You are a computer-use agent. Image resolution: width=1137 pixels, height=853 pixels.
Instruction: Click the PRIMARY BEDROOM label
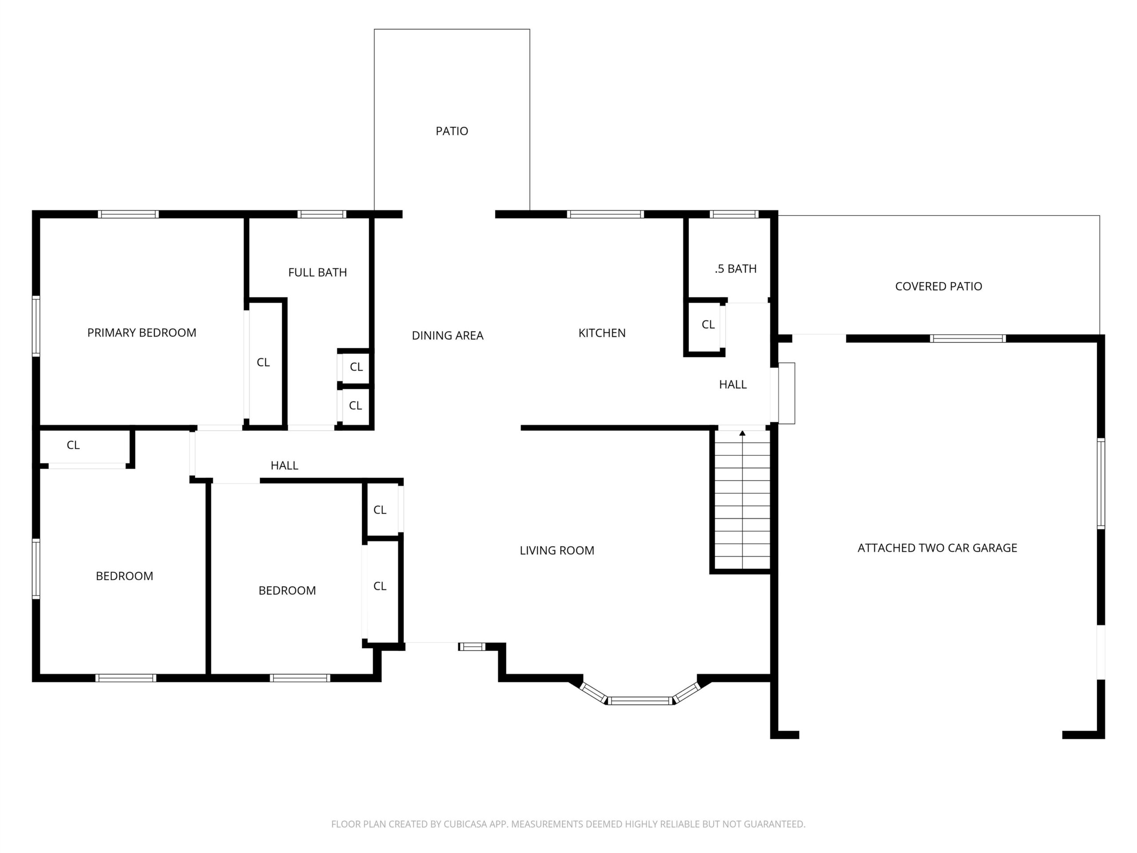141,333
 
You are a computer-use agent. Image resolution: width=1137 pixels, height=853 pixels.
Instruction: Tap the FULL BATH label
317,272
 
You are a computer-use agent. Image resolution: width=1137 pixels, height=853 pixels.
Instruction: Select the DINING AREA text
447,336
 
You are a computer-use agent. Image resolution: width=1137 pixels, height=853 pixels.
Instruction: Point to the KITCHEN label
602,333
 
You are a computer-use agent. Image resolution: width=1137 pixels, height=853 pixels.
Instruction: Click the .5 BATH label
735,269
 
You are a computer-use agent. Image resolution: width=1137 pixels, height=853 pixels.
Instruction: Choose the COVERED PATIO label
938,287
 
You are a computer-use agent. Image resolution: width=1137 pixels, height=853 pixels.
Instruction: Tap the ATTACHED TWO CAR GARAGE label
937,548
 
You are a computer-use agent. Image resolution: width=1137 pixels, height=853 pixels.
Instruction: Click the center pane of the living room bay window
640,700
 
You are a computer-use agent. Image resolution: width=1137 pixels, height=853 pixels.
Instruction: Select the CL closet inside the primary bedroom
263,363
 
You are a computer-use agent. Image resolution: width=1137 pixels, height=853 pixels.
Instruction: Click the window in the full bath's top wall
322,215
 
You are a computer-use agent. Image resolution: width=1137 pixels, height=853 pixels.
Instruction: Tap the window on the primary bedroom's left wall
36,326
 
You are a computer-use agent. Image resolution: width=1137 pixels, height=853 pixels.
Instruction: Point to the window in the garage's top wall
967,339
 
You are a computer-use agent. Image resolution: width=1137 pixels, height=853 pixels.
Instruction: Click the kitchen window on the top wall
605,215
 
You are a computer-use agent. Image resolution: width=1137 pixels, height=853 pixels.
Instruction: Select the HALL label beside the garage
732,385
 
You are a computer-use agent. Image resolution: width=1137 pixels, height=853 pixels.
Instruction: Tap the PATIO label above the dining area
452,132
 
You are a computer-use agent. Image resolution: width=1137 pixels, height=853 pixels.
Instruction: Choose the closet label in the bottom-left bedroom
73,445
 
